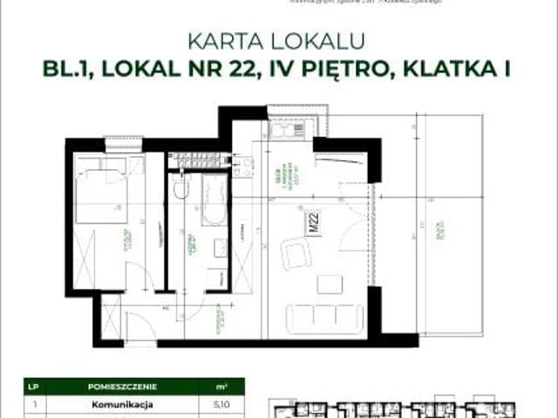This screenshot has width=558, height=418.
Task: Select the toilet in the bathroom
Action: pyautogui.click(x=181, y=188)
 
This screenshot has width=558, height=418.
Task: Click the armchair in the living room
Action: pyautogui.click(x=295, y=255)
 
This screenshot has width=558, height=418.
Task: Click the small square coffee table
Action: pyautogui.click(x=330, y=285)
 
